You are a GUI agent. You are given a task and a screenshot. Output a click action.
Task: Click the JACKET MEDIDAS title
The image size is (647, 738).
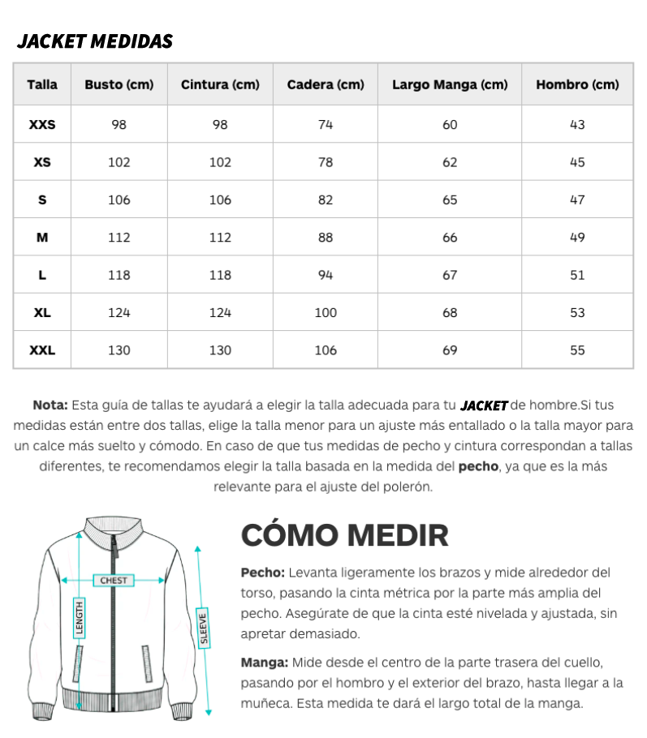coord(95,41)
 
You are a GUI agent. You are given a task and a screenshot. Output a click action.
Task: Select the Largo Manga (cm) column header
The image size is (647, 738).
coord(449,84)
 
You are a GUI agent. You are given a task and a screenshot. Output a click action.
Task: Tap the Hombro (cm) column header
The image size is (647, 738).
coord(577,84)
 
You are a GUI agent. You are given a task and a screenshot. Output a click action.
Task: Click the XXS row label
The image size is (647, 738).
coord(42,125)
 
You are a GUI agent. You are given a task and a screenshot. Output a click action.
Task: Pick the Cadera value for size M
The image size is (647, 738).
coord(326,238)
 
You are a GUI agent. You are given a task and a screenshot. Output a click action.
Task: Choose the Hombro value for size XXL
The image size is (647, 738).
coord(577,350)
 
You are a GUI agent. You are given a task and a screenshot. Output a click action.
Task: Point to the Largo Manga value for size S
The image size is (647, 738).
coord(450,200)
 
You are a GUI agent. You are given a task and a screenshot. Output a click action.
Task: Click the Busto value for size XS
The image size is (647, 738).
coord(119,162)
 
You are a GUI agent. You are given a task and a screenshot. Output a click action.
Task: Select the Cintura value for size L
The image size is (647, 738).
coord(220,275)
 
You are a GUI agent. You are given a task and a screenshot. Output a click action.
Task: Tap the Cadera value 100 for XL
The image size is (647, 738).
coord(326,313)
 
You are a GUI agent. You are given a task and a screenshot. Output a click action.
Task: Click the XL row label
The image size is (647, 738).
coord(42,313)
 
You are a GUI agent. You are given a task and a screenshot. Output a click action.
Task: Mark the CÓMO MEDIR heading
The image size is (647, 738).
coord(345,535)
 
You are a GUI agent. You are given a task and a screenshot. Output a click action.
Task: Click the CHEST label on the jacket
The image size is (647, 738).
coord(114,581)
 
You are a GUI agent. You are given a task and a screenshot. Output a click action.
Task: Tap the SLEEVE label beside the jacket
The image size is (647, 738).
coord(203,627)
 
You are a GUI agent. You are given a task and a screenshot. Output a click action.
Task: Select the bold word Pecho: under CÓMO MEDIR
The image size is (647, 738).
coord(262,573)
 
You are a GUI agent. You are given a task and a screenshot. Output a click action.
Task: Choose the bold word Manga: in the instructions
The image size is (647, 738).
coord(264,663)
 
